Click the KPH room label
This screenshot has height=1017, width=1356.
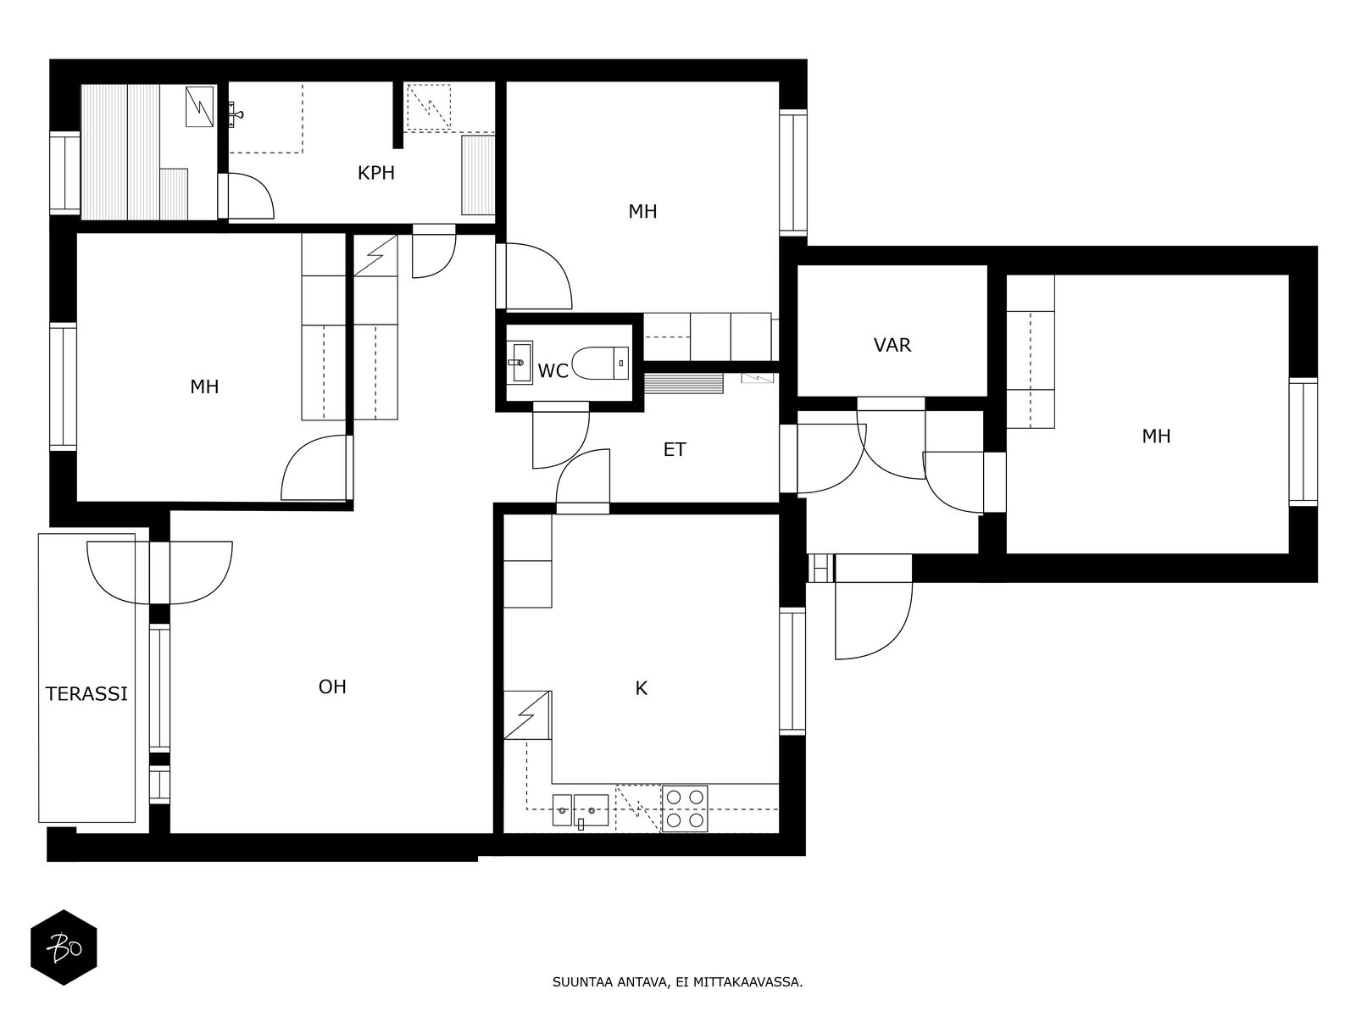pyautogui.click(x=375, y=173)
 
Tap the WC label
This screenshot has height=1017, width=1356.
pyautogui.click(x=553, y=371)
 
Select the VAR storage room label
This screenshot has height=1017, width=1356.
pyautogui.click(x=892, y=345)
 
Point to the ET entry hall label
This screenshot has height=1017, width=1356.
pyautogui.click(x=675, y=449)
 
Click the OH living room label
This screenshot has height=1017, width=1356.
pyautogui.click(x=332, y=686)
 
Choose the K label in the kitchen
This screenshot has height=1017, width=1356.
pyautogui.click(x=642, y=688)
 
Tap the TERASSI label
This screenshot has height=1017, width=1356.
pyautogui.click(x=86, y=694)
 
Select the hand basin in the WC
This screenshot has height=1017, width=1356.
pyautogui.click(x=519, y=363)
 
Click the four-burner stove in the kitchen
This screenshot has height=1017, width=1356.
pyautogui.click(x=685, y=809)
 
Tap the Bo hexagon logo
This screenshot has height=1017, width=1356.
pyautogui.click(x=64, y=948)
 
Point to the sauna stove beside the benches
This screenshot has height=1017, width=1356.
pyautogui.click(x=200, y=107)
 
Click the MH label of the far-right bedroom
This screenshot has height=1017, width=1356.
pyautogui.click(x=1156, y=436)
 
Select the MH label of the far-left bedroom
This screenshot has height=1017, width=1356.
pyautogui.click(x=204, y=387)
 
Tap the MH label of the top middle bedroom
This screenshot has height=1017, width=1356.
pyautogui.click(x=642, y=212)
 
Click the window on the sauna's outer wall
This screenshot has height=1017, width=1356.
pyautogui.click(x=65, y=173)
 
